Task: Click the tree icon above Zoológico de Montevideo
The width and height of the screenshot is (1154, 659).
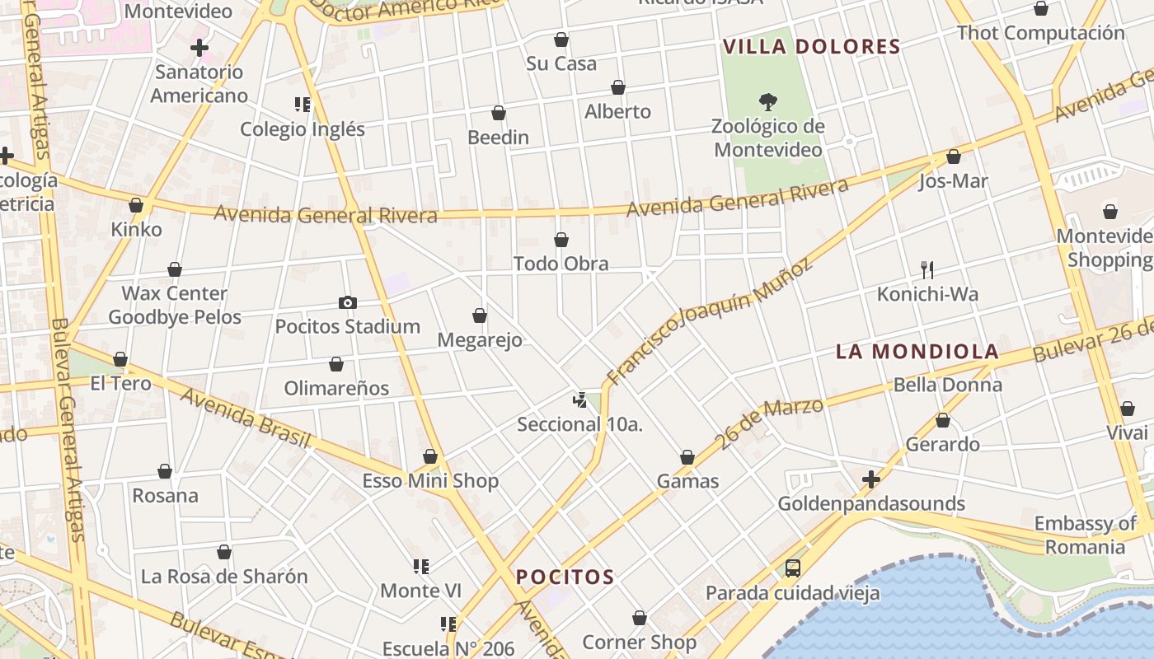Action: click(768, 102)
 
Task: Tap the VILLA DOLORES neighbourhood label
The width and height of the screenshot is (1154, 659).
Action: click(811, 47)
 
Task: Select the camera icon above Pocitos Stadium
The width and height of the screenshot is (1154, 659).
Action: click(348, 302)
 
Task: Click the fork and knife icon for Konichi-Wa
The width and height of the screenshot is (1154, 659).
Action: click(927, 269)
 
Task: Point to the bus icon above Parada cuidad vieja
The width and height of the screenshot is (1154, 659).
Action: click(792, 568)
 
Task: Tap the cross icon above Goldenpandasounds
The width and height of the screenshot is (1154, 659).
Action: click(870, 479)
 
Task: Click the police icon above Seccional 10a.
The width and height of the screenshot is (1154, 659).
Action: click(579, 400)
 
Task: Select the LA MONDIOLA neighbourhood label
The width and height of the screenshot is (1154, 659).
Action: click(917, 352)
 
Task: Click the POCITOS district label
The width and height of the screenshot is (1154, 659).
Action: click(565, 577)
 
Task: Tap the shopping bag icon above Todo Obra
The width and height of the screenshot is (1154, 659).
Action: click(561, 240)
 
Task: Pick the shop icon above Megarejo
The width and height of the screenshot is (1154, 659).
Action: click(480, 315)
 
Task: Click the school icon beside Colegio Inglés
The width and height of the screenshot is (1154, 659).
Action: click(303, 105)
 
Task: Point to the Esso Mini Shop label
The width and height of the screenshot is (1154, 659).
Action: click(430, 481)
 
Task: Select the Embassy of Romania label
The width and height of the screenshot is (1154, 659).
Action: click(1085, 535)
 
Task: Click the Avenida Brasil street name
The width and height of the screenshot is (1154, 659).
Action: click(245, 418)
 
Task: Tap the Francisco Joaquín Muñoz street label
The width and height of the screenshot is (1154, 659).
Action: click(709, 320)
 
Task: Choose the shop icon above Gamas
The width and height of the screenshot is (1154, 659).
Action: click(687, 457)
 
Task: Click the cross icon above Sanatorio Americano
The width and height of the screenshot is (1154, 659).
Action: click(199, 48)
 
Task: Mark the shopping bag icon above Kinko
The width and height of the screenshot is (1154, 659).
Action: click(136, 205)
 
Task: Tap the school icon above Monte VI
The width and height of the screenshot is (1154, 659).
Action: click(421, 567)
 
